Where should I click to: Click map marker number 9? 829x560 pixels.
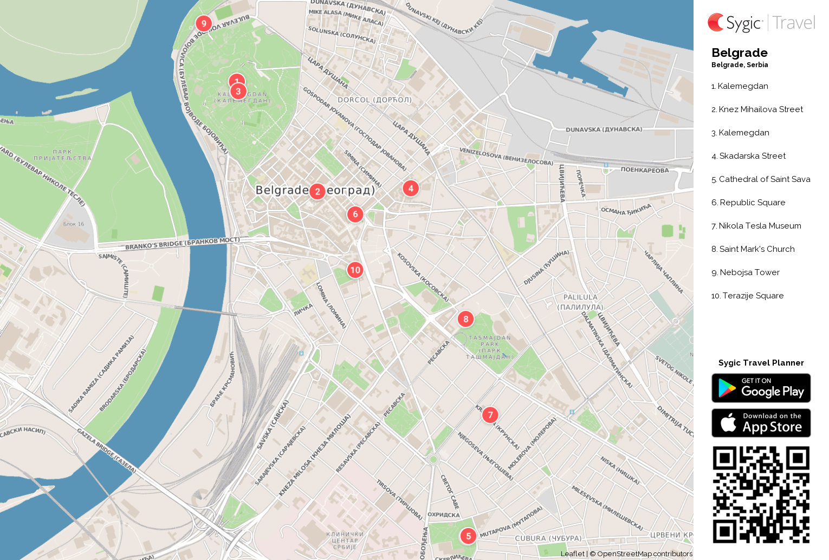[x=204, y=23]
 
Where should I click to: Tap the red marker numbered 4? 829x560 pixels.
[x=411, y=188]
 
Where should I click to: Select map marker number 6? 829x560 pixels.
[x=355, y=214]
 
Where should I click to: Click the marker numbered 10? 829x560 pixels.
[x=355, y=270]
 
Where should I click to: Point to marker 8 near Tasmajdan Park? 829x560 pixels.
[x=466, y=319]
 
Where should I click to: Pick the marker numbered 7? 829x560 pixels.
[x=490, y=415]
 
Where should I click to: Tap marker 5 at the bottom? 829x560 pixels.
[x=469, y=536]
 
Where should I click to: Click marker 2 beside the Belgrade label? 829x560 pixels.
[x=318, y=191]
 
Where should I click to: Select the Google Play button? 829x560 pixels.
[x=761, y=388]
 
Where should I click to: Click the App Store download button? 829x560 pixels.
[x=761, y=423]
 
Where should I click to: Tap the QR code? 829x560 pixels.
[x=761, y=494]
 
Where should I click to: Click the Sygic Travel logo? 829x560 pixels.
[x=761, y=23]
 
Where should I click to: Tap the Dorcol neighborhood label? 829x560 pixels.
[x=374, y=100]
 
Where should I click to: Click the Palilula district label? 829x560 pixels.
[x=580, y=302]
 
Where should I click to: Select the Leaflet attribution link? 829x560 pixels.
[x=572, y=554]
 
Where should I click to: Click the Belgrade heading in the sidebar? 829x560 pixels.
[x=739, y=53]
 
